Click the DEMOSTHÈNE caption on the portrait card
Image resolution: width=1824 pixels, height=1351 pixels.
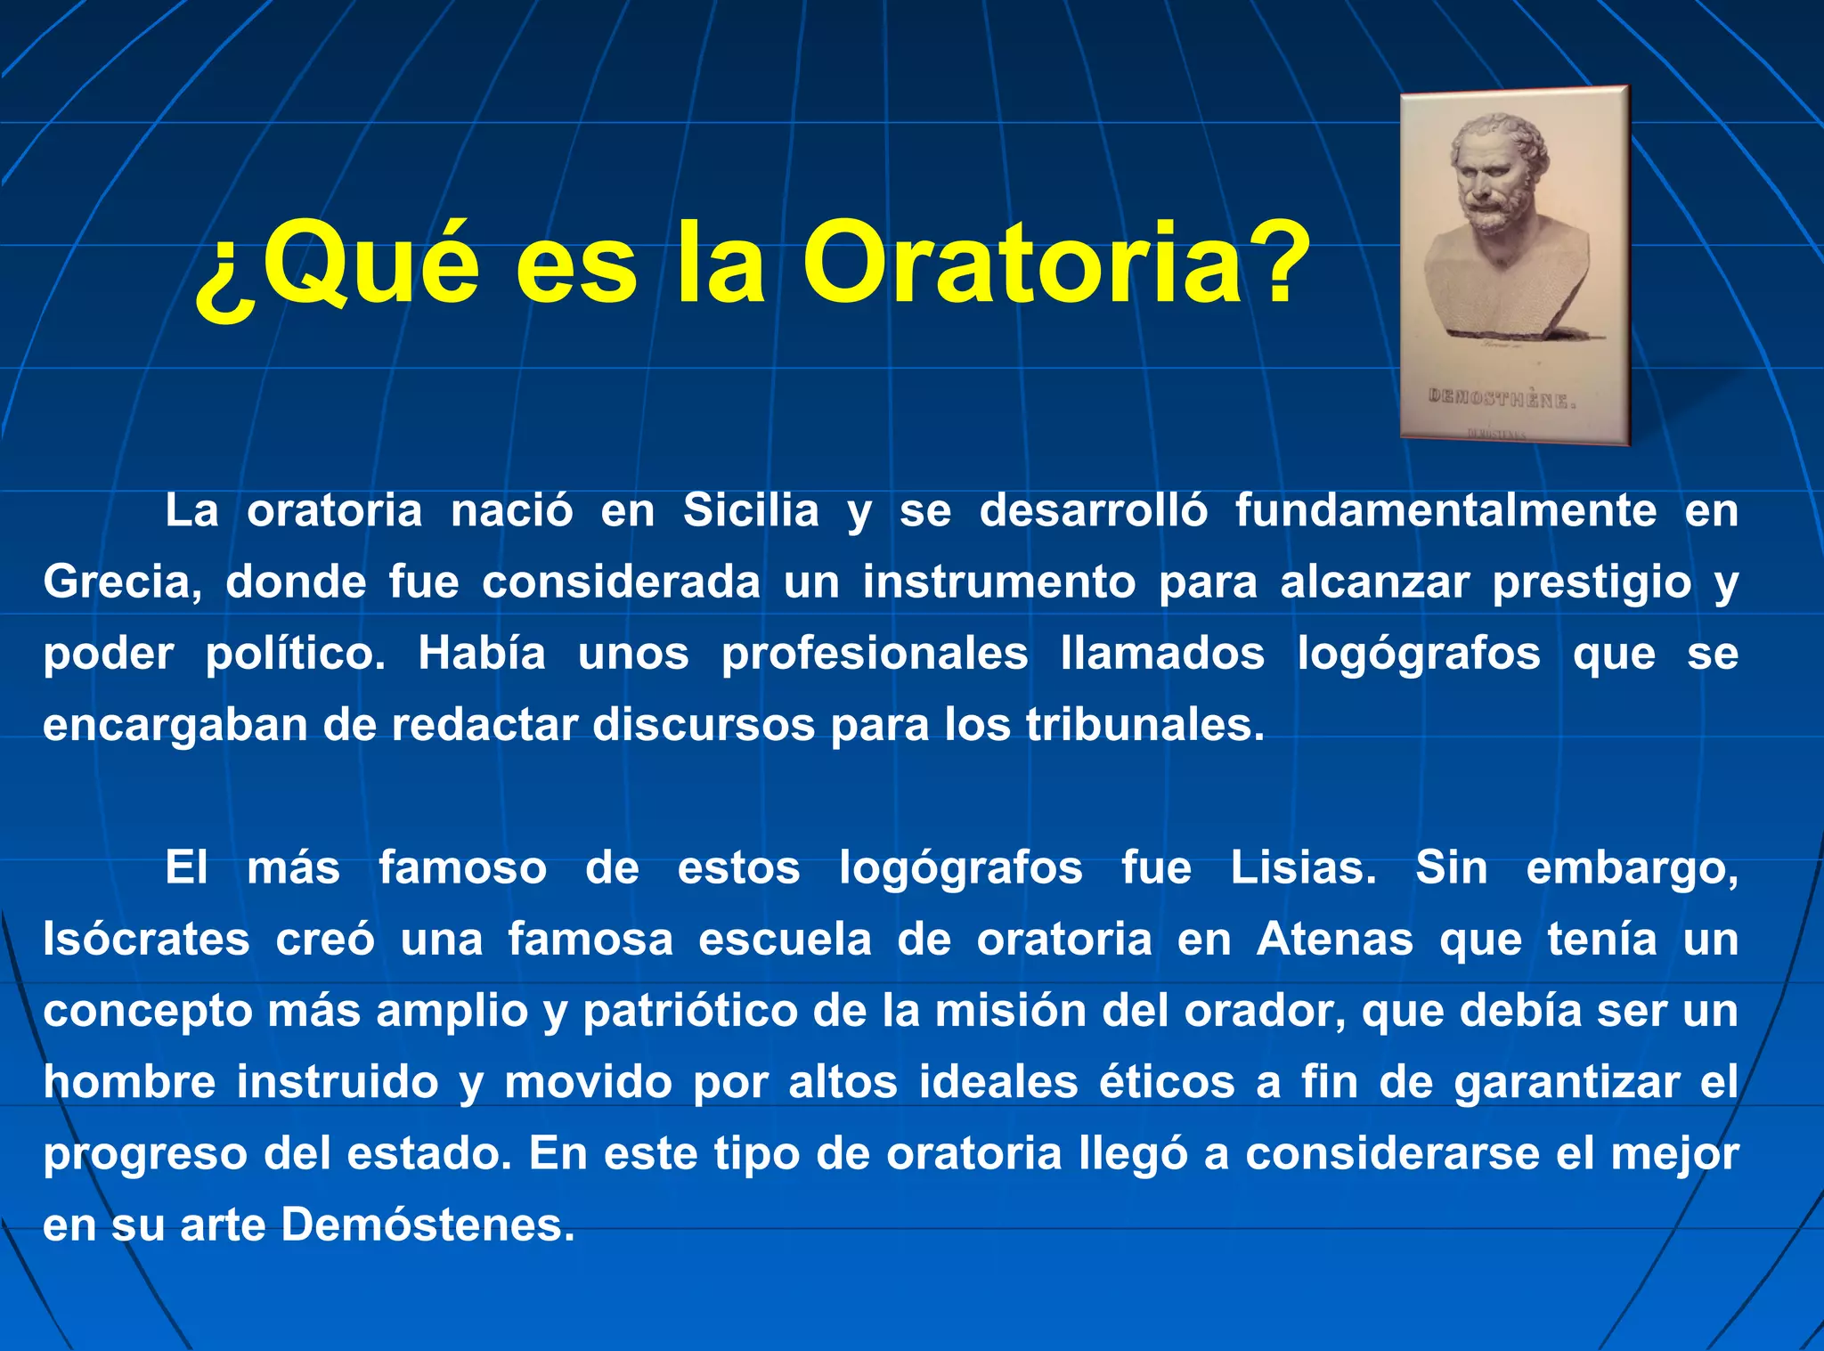1502,398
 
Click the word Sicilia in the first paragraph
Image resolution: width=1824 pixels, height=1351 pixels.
751,511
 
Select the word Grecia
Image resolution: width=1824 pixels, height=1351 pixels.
122,582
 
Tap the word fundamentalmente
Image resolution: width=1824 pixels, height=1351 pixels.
1445,511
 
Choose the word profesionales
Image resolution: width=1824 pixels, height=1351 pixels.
875,654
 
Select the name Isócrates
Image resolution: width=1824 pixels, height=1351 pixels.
147,940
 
